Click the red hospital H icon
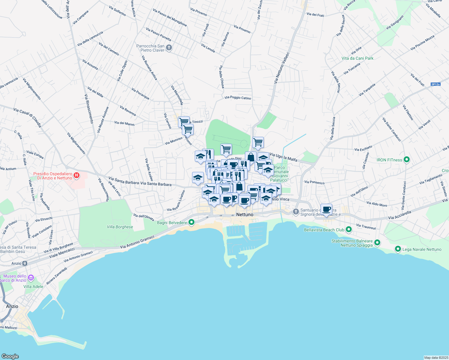77,175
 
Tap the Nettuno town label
245,214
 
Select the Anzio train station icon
25,263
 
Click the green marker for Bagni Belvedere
191,222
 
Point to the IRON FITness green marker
407,160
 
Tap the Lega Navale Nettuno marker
398,249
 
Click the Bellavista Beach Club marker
349,230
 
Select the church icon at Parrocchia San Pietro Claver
169,48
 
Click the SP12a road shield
435,84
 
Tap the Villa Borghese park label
120,227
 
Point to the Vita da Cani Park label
357,58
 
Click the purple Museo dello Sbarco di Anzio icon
31,278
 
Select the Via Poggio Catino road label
238,98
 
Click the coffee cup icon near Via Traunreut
326,209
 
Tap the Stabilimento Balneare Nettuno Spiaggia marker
378,242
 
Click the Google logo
10,356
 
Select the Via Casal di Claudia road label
27,117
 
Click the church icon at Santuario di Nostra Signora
296,212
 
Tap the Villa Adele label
33,286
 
